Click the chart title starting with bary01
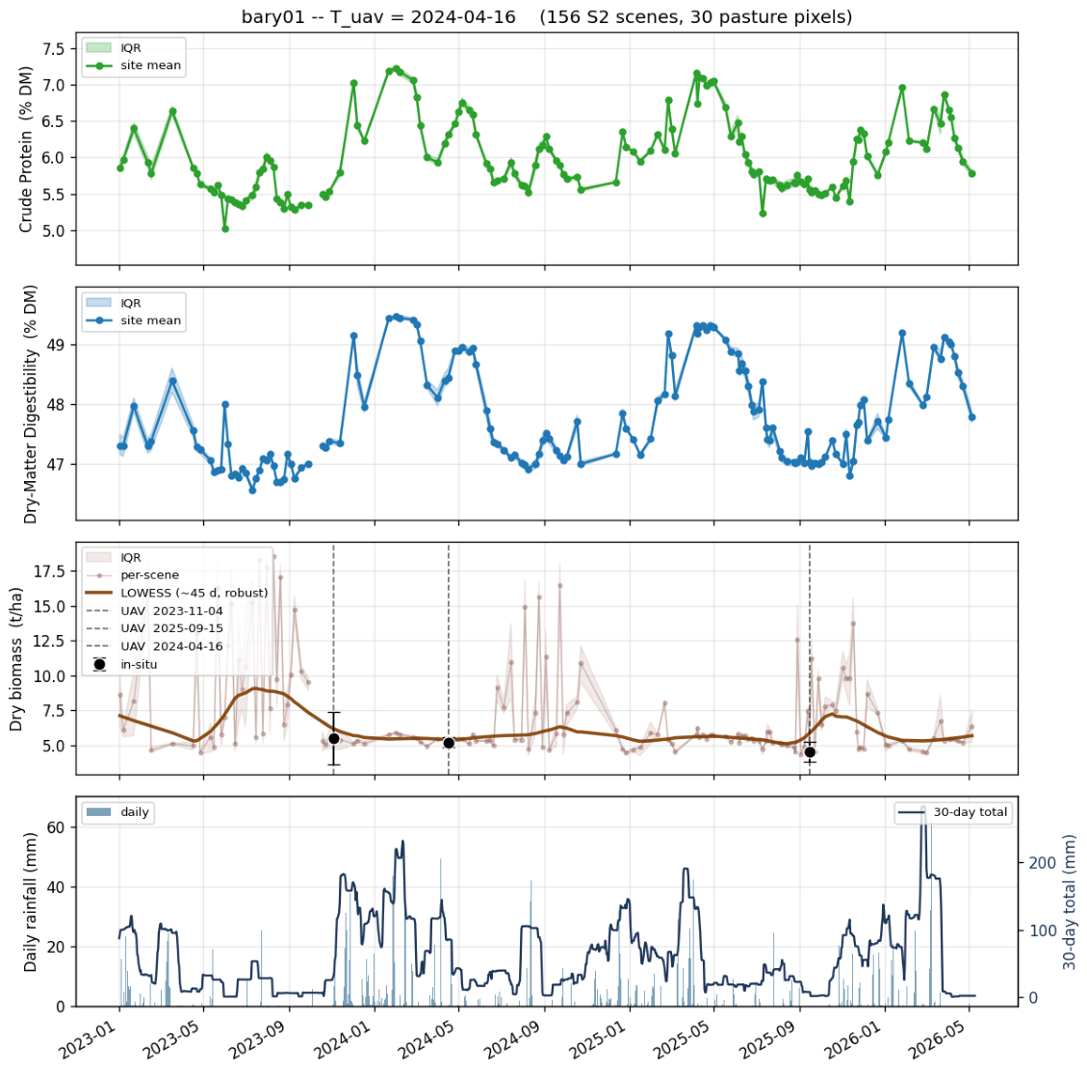pyautogui.click(x=546, y=16)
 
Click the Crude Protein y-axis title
pyautogui.click(x=26, y=149)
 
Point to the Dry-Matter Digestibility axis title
pyautogui.click(x=30, y=404)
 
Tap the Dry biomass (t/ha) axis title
pyautogui.click(x=16, y=659)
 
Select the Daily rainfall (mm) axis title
pyautogui.click(x=30, y=902)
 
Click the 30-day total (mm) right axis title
pyautogui.click(x=1069, y=902)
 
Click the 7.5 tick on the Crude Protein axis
pyautogui.click(x=53, y=49)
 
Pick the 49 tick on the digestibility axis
pyautogui.click(x=57, y=344)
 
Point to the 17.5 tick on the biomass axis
pyautogui.click(x=49, y=572)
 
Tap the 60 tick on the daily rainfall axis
pyautogui.click(x=57, y=827)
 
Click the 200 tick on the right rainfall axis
pyautogui.click(x=1043, y=863)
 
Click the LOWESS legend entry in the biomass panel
pyautogui.click(x=176, y=593)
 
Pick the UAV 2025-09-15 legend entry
pyautogui.click(x=154, y=628)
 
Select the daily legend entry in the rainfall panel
pyautogui.click(x=116, y=812)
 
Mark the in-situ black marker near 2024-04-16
pyautogui.click(x=449, y=743)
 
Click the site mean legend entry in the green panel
pyautogui.click(x=133, y=65)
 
